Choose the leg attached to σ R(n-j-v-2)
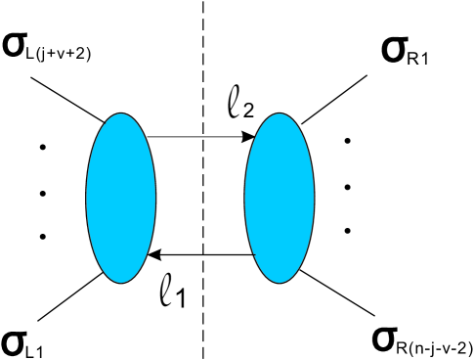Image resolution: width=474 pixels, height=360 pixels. point(338,293)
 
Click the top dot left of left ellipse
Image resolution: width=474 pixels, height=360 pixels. point(42,149)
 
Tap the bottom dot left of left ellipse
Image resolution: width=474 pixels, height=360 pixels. point(42,236)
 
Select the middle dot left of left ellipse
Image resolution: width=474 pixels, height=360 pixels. point(42,192)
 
